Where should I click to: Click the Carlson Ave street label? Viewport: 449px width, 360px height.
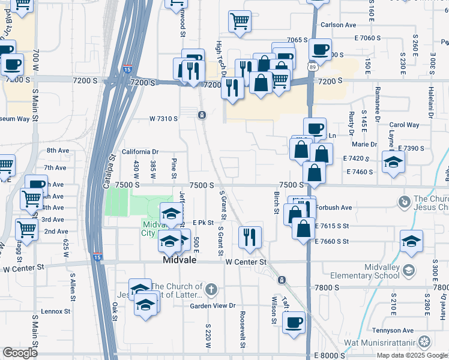tap(339, 25)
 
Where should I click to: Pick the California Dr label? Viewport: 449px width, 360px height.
tap(140, 152)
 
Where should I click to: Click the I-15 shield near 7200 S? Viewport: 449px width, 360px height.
tap(127, 69)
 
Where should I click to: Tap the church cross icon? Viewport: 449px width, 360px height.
tap(211, 290)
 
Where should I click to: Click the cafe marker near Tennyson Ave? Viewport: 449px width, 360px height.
tap(293, 322)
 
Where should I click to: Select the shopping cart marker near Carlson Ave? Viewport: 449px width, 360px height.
tap(240, 20)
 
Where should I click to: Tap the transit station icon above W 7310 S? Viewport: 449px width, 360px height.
tap(202, 115)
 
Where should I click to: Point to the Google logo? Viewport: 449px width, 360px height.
tap(20, 353)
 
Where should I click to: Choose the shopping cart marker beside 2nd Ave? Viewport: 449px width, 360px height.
tap(27, 228)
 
